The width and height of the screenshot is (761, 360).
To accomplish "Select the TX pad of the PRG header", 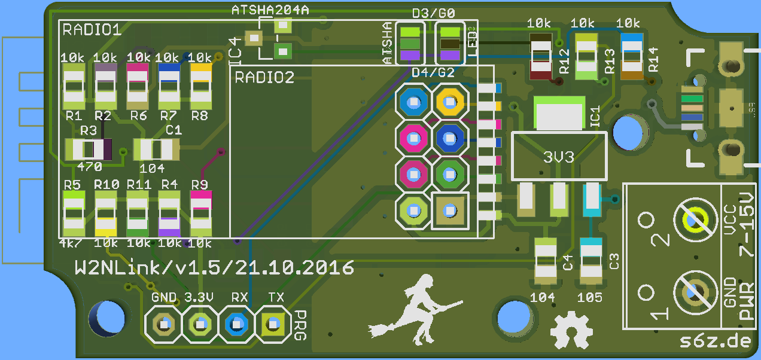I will point(273,324).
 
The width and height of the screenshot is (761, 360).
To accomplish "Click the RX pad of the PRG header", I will point(236,324).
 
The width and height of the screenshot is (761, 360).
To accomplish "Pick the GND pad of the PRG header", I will point(163,324).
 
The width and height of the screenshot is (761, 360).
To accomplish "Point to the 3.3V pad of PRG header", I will point(200,324).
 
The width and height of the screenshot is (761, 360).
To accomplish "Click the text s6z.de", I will point(715,341).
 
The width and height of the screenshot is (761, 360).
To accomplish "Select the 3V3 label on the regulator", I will point(558,157).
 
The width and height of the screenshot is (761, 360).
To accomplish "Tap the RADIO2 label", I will point(264,77).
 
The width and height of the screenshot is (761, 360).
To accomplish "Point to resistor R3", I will point(89,149).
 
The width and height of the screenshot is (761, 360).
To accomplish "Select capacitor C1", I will point(156,149).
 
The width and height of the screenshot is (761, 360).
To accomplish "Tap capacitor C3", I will point(591,261).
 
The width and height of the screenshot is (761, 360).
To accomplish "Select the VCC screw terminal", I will point(696,219).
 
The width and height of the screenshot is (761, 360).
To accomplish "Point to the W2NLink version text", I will point(214,267).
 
